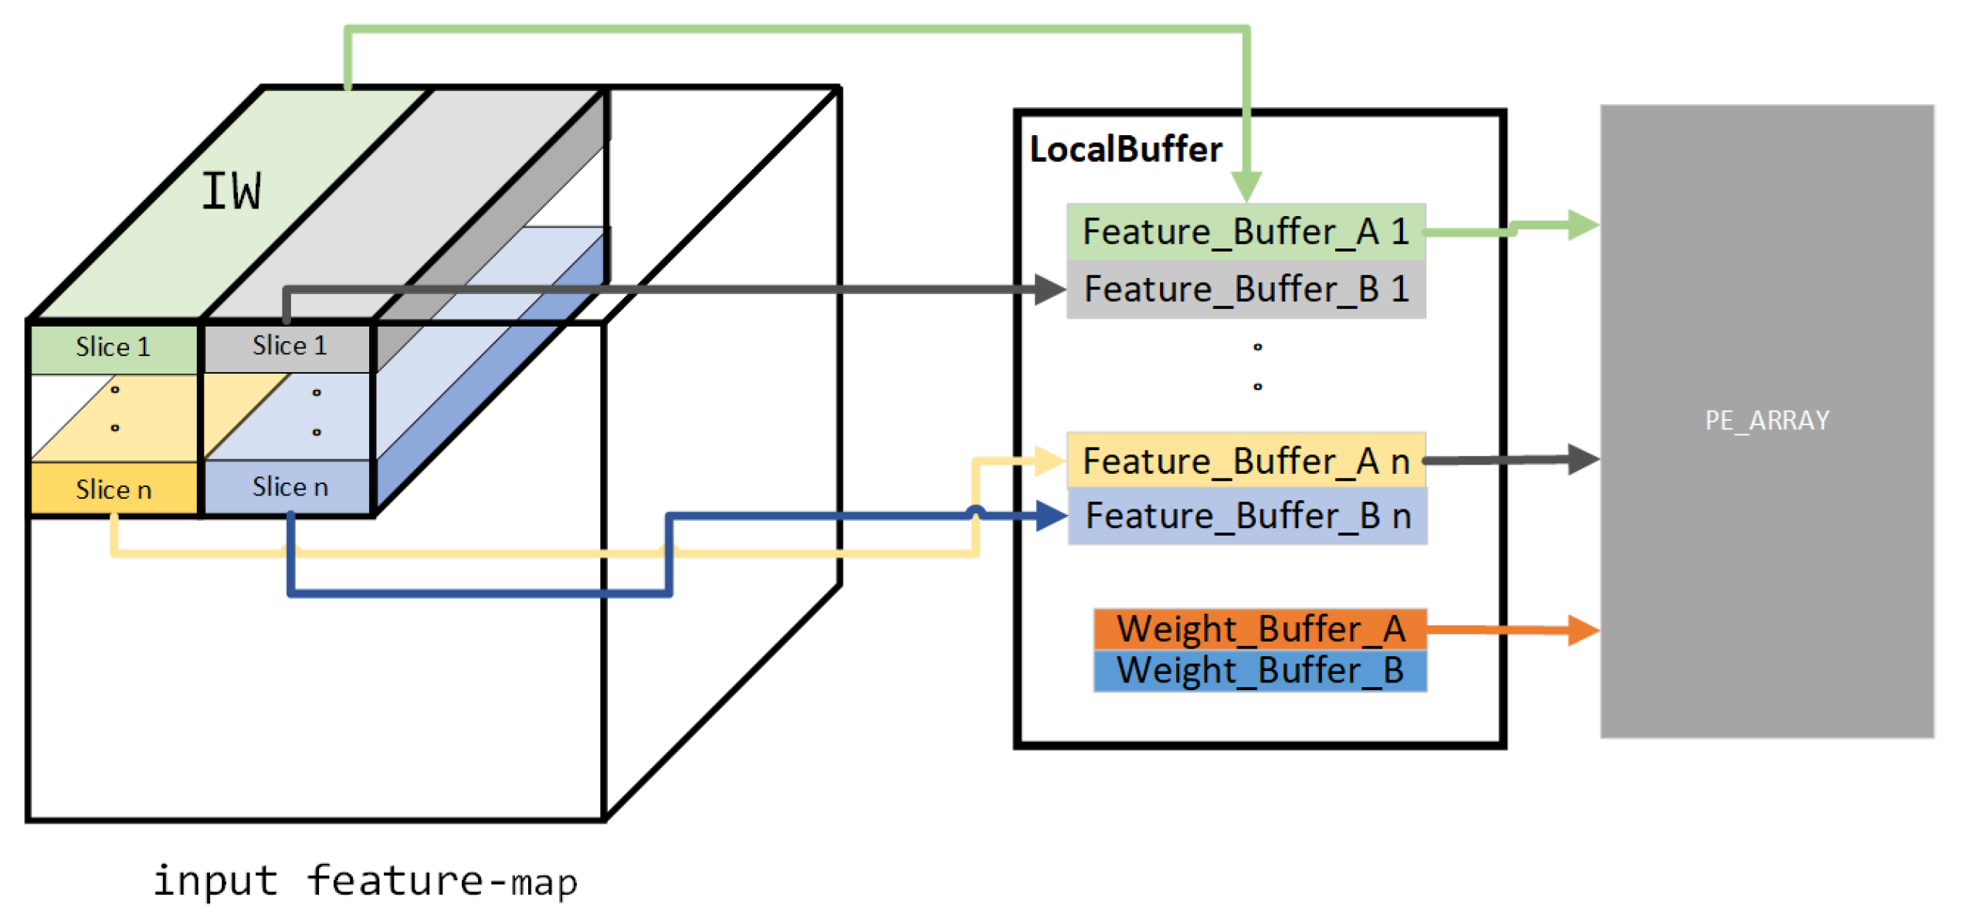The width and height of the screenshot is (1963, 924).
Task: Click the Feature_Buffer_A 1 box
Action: tap(1245, 232)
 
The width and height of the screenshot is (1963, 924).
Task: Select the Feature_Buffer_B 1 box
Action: tap(1245, 289)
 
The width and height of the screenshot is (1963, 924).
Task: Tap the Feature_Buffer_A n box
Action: tap(1245, 461)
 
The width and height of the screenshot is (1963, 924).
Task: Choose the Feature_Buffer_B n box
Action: tap(1246, 516)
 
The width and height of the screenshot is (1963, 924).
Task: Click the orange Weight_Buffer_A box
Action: tap(1259, 629)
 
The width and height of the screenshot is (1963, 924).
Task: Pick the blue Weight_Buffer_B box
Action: tap(1259, 671)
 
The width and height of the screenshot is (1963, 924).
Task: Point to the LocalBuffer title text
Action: tap(1125, 150)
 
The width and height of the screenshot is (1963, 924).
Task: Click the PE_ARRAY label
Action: tap(1766, 421)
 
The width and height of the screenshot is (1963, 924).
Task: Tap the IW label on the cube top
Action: tap(231, 191)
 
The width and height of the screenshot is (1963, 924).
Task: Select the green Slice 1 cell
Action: tap(114, 348)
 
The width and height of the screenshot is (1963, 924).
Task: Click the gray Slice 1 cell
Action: tap(289, 347)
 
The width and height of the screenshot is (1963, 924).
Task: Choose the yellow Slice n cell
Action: tap(114, 489)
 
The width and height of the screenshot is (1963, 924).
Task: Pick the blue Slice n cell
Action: tap(289, 487)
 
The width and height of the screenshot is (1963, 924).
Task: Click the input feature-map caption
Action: tap(364, 881)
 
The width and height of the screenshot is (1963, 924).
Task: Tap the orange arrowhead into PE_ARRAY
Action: tap(1583, 630)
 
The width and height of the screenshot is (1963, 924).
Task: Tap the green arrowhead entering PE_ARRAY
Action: tap(1583, 225)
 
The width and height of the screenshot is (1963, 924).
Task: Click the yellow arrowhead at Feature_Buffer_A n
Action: tap(1050, 461)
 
